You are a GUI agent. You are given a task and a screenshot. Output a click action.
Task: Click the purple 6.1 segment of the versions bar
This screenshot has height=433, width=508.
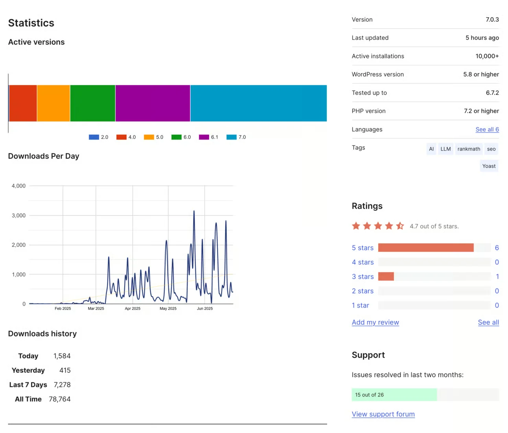pos(153,103)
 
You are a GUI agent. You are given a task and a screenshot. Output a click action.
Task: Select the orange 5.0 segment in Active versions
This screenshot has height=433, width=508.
pos(53,103)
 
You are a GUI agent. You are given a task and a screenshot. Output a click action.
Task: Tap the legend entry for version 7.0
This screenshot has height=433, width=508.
pos(236,137)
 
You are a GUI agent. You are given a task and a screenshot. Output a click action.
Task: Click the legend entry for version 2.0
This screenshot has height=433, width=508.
pos(99,137)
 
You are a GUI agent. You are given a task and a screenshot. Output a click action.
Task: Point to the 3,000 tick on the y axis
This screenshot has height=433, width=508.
pos(18,216)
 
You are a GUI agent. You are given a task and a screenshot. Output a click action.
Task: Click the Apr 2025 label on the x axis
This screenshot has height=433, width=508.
pos(133,309)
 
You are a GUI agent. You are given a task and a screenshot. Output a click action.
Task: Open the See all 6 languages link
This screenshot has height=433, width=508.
pos(487,129)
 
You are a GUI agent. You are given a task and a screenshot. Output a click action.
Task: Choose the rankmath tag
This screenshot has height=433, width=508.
pos(469,149)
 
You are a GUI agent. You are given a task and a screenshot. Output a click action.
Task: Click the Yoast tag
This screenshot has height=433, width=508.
pos(489,166)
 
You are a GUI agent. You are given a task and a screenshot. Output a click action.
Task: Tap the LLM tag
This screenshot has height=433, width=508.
pos(445,149)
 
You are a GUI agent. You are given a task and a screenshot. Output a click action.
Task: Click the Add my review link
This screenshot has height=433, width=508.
pos(375,322)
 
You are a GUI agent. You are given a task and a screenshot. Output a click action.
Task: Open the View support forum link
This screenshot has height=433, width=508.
pos(383,414)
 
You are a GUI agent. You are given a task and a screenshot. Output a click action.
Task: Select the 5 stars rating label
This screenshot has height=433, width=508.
pos(363,248)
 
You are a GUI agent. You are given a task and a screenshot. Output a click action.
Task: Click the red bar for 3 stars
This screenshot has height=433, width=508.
pos(386,276)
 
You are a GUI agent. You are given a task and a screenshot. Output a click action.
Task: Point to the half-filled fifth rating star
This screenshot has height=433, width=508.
pos(400,226)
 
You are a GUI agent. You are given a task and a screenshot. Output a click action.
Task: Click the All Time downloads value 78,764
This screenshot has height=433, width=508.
pos(60,399)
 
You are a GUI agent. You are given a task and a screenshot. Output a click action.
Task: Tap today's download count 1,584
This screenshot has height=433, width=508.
pos(62,356)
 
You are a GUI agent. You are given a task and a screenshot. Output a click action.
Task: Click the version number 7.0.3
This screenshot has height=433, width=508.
pos(492,20)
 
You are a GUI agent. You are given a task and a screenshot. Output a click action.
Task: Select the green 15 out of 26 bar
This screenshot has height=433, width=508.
pos(394,395)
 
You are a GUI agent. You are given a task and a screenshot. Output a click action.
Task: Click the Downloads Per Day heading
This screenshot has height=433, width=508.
pos(44,156)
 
